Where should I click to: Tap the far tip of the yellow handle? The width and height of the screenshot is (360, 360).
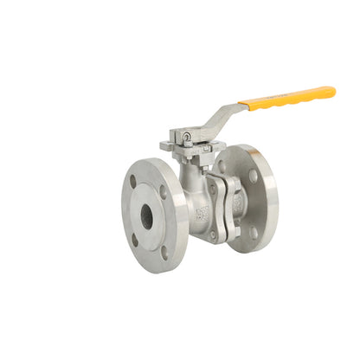331,90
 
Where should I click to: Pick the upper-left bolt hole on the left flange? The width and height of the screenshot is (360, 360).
132,182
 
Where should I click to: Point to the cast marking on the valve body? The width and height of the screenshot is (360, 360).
202,211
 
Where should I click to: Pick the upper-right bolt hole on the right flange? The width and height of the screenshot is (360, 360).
253,176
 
